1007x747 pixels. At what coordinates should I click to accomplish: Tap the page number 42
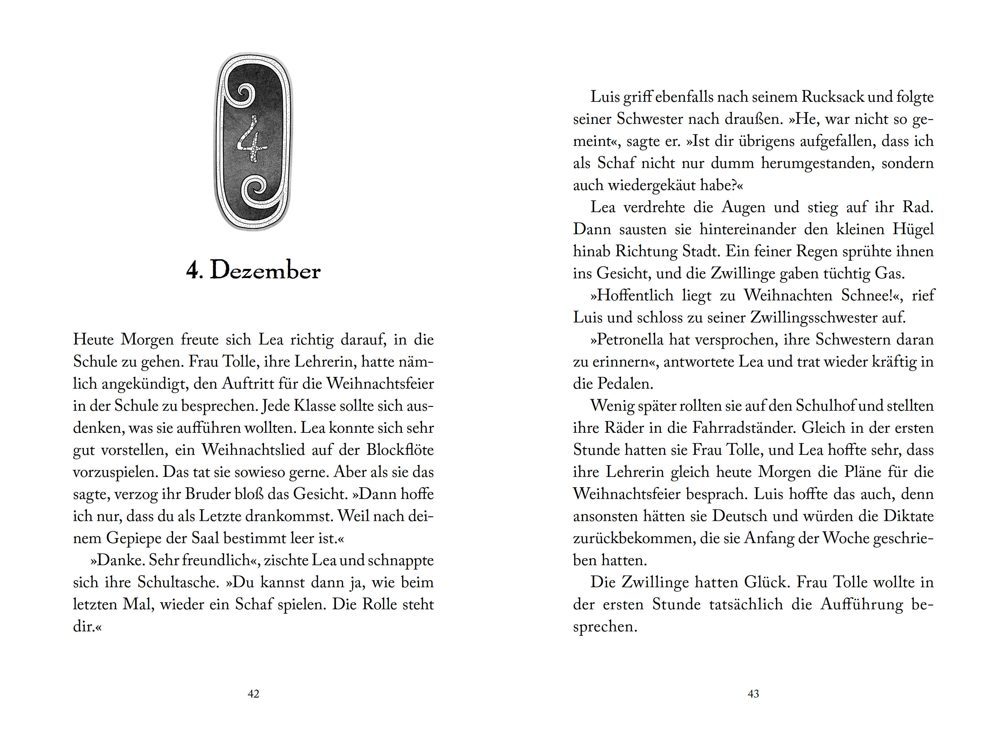coord(253,694)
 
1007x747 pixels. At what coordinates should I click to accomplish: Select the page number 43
coord(753,694)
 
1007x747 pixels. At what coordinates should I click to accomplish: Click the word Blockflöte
coord(400,450)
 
